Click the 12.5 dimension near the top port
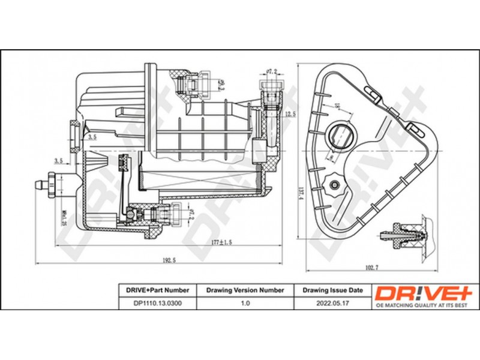[x=290, y=114]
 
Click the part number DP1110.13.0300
[x=154, y=304]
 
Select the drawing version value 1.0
[x=245, y=304]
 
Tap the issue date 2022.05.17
[x=332, y=304]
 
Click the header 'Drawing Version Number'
[x=245, y=290]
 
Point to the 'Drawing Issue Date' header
[x=332, y=290]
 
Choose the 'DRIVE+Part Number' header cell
[x=154, y=290]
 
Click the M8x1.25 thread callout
[x=64, y=212]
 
